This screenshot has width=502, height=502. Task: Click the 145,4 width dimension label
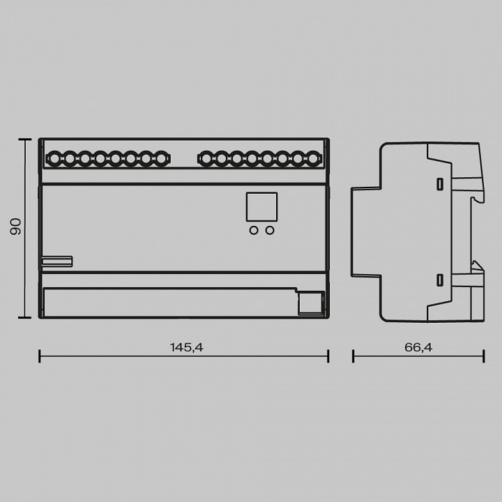186,347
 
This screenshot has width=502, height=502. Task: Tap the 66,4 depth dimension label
418,347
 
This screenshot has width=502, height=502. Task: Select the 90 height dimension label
15,227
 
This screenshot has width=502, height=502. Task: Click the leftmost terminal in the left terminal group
54,158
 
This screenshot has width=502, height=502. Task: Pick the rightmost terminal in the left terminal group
161,158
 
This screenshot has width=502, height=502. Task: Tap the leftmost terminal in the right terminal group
206,158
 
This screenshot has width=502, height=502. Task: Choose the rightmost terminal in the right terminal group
313,158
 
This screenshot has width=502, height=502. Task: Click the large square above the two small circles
261,207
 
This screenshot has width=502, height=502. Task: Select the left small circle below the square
254,230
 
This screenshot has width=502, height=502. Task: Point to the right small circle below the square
270,230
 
